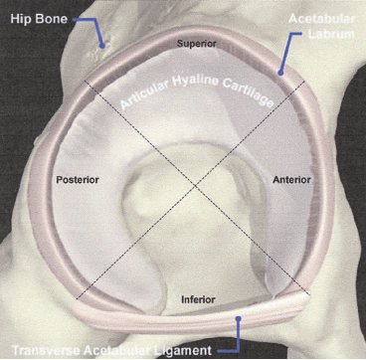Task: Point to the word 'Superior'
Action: click(194, 44)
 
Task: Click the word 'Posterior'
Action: click(81, 179)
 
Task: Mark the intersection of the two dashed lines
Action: click(186, 187)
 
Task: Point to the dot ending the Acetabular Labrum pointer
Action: click(281, 72)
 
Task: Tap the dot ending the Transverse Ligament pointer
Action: click(240, 319)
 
